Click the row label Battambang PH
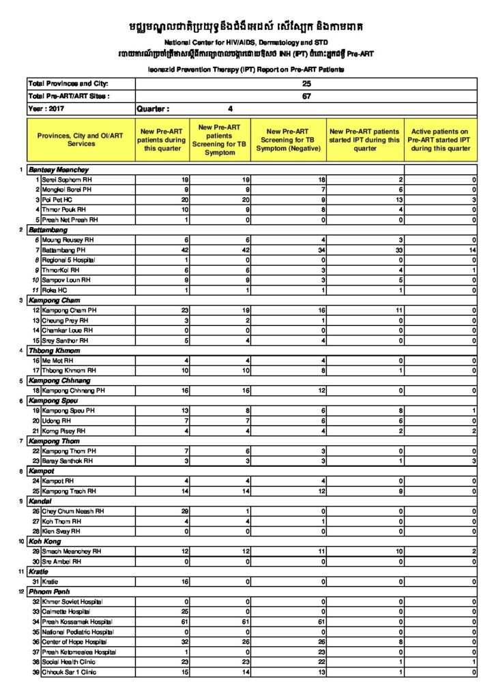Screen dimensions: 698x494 point(65,251)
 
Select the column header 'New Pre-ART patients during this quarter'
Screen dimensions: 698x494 point(162,140)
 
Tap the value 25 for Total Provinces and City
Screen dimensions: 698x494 point(306,83)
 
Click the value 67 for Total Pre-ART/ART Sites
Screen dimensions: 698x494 point(306,96)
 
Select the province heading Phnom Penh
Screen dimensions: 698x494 point(54,592)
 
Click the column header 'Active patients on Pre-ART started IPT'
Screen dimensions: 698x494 point(439,140)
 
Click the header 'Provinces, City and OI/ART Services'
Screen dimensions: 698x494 point(81,140)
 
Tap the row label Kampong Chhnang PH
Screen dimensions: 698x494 point(73,391)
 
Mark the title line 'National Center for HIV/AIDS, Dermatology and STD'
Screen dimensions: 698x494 point(246,43)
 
